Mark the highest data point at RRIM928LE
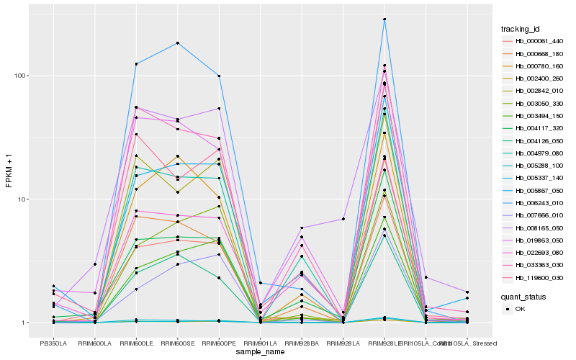pyautogui.click(x=384, y=19)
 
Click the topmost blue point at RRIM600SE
pyautogui.click(x=177, y=43)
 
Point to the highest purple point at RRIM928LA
pyautogui.click(x=343, y=219)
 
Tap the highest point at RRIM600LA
pyautogui.click(x=94, y=264)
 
